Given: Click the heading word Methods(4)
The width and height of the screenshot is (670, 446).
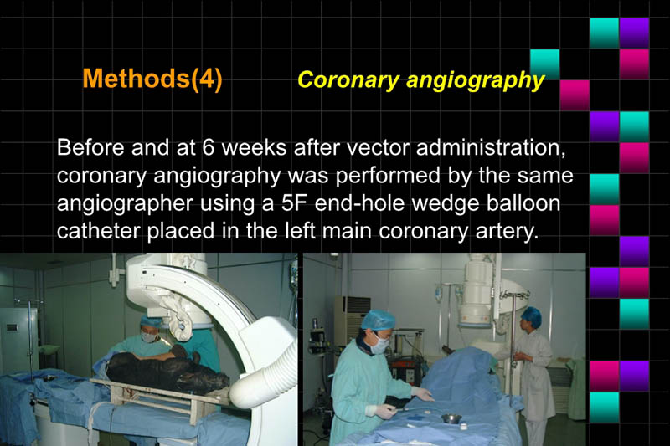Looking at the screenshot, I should pos(152,79).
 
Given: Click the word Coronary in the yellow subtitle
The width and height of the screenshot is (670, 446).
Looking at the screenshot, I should pos(340,80).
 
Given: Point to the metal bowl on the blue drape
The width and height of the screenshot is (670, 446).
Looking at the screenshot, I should pos(451,418).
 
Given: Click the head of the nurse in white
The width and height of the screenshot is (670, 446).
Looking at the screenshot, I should pos(531,319).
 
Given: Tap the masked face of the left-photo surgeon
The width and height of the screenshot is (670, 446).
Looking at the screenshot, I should pos(149,335).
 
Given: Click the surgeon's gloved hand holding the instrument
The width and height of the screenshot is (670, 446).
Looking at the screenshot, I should pos(385,411).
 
